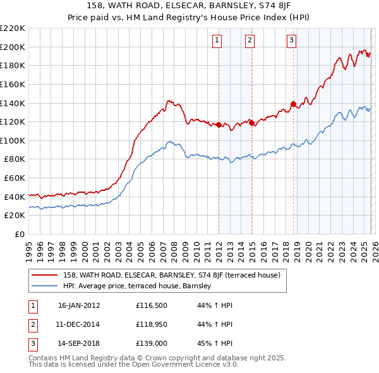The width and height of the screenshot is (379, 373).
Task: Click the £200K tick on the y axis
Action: [13, 47]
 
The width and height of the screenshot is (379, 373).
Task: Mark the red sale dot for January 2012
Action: [219, 125]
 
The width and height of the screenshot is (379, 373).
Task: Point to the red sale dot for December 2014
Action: [251, 123]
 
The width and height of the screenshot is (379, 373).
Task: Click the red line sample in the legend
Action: [44, 275]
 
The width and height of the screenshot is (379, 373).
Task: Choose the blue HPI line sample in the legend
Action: [44, 286]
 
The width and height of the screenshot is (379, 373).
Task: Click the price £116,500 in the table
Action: [152, 305]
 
